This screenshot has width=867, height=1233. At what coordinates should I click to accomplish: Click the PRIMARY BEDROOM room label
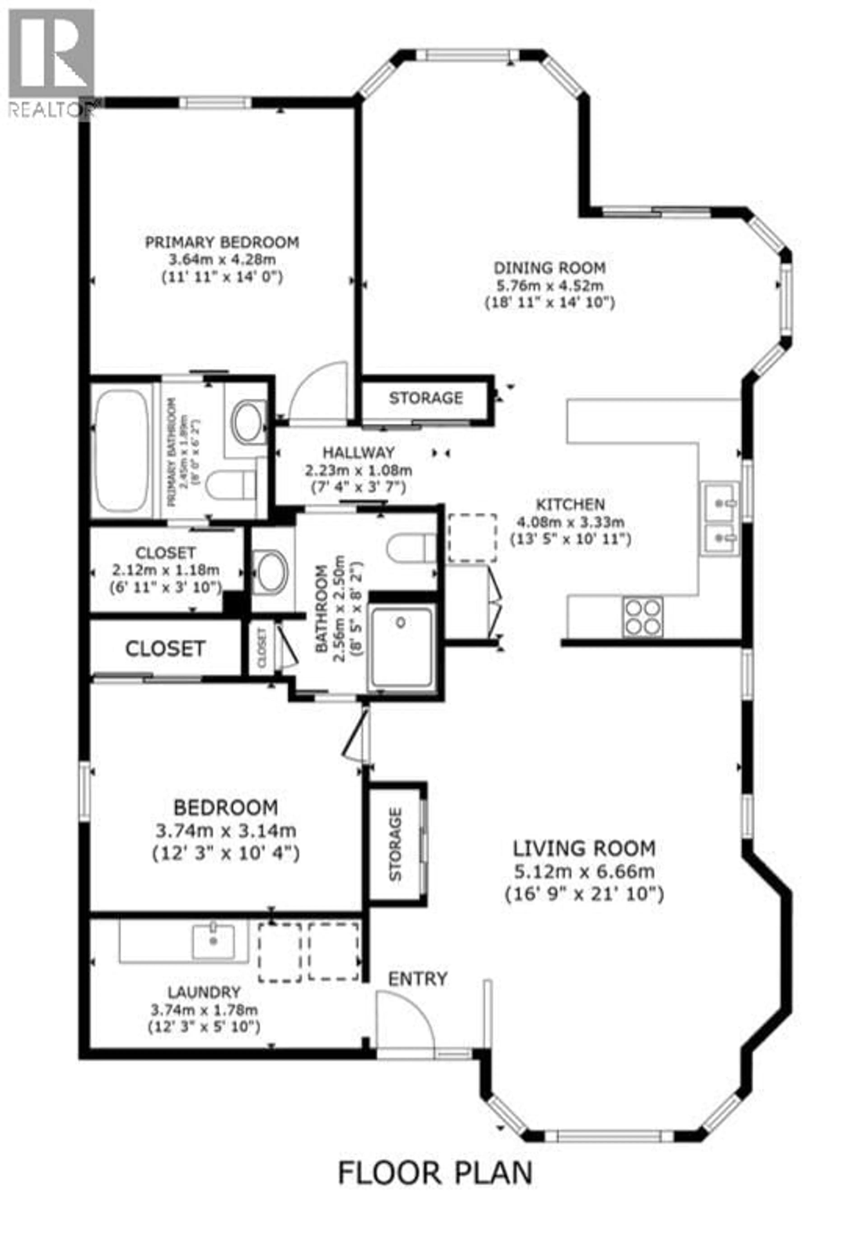pos(222,242)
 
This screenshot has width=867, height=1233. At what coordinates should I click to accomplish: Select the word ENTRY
pos(417,978)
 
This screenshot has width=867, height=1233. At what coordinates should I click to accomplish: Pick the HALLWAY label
pos(358,452)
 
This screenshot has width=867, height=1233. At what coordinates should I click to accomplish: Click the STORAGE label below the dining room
pos(425,398)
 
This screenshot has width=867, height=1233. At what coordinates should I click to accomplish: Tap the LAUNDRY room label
pos(204,992)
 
